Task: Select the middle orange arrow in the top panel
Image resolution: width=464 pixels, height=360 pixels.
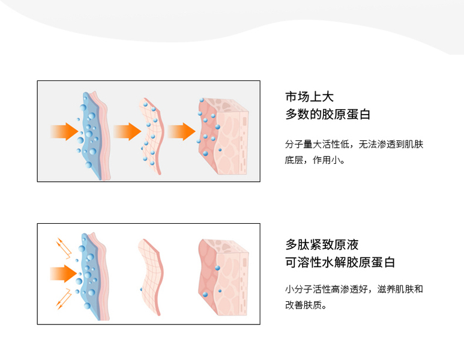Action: tap(125, 131)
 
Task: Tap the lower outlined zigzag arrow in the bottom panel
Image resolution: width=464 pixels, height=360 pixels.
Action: tap(62, 298)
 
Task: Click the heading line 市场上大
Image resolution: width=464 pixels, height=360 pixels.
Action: tap(309, 97)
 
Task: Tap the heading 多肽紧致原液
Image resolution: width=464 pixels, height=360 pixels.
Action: tap(322, 245)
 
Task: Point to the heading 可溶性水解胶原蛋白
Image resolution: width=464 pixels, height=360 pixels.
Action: tap(340, 263)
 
